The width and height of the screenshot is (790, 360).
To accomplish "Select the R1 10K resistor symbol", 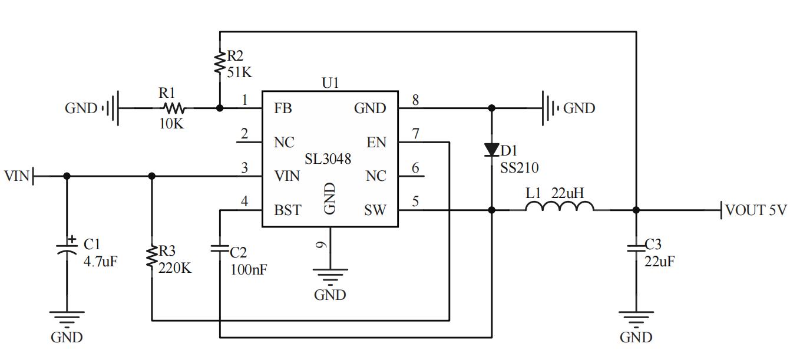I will pos(174,108).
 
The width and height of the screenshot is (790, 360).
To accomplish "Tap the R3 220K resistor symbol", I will pos(152,257).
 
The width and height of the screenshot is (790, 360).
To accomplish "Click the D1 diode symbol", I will pos(492,151).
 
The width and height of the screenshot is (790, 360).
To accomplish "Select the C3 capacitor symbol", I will pos(636,248).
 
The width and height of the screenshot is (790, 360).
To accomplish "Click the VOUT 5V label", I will pos(755,210).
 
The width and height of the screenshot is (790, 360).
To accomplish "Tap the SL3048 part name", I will pos(328,159).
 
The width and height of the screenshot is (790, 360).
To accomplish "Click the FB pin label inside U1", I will pos(283,108).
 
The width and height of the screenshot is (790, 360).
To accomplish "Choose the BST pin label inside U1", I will pos(287,210).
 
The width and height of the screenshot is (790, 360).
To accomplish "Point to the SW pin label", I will pos(375,210).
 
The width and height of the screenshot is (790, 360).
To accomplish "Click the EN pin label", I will pos(376,143).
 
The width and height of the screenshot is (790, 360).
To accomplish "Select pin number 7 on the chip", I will pos(415,134).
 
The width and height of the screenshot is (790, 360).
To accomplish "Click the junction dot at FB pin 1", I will pos(219,108).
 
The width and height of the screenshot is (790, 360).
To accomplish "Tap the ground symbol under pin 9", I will pos(330,274).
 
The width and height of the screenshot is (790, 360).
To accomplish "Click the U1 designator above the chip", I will pos(330,83).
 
